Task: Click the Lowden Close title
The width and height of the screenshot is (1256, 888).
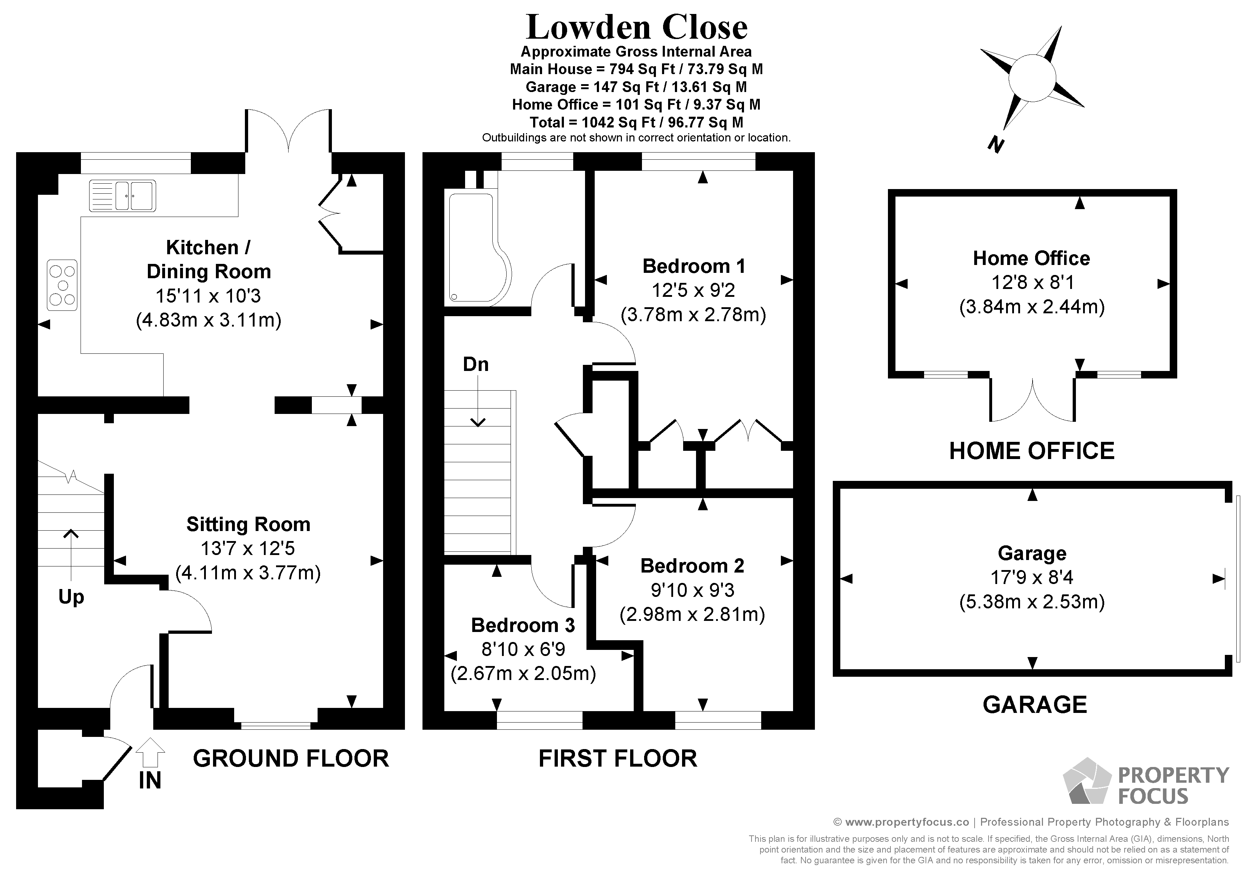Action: tap(636, 27)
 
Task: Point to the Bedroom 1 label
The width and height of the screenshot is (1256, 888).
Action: tap(693, 266)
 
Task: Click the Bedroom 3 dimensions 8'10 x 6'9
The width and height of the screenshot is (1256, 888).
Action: tap(523, 650)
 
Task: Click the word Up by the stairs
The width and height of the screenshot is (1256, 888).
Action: tap(71, 597)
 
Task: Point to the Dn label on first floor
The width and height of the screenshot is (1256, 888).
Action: tap(475, 365)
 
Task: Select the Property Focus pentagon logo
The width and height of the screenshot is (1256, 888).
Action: tap(1086, 782)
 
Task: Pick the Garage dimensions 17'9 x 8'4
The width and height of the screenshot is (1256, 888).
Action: tap(1032, 578)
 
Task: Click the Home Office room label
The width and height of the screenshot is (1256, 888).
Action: tap(1031, 258)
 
